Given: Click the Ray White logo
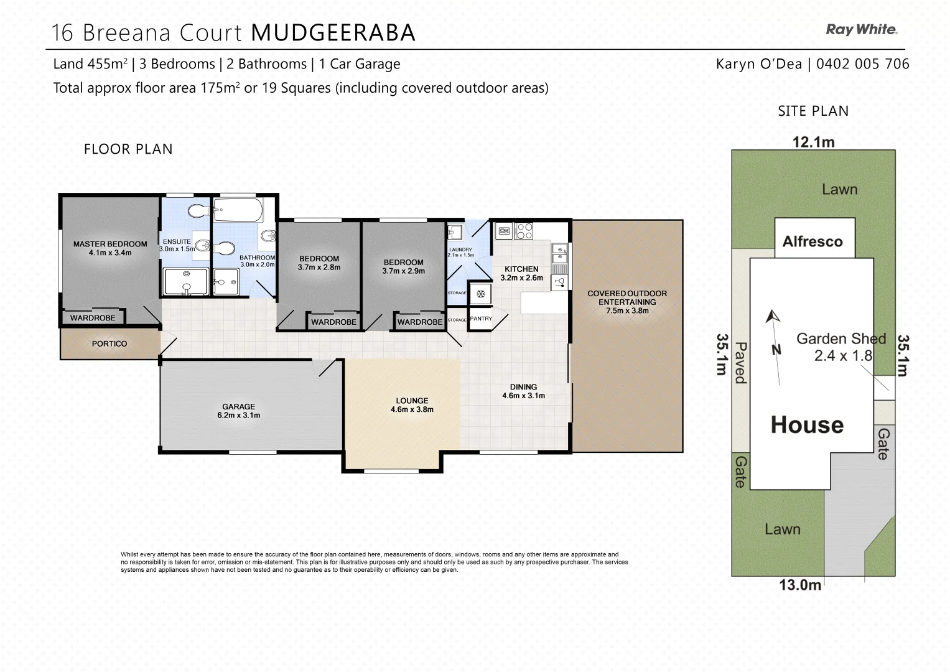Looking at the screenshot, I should coord(861,29).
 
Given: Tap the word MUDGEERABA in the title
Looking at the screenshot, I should coord(333,32).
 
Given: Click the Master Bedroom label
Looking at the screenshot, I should coord(110,248).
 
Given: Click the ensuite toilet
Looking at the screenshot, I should coord(198,211).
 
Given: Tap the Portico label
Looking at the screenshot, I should coord(109,343).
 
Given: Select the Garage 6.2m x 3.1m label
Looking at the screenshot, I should coord(238,411).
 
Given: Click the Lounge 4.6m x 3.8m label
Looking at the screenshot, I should coord(412,405).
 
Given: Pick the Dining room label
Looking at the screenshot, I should coord(523,391).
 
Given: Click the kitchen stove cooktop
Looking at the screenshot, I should coord(524,231).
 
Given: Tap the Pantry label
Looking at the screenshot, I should coord(481,319).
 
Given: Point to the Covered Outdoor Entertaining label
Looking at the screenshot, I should coord(627,302).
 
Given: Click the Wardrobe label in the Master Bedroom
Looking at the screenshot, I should coord(93,318).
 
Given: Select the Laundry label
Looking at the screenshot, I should coord(460,252).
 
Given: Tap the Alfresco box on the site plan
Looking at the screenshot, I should coord(813,241).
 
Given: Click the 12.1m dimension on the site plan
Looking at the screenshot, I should coord(813,142).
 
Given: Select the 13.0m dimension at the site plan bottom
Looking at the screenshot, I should coord(800,585).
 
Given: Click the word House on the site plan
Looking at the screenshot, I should coord(807,425).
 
